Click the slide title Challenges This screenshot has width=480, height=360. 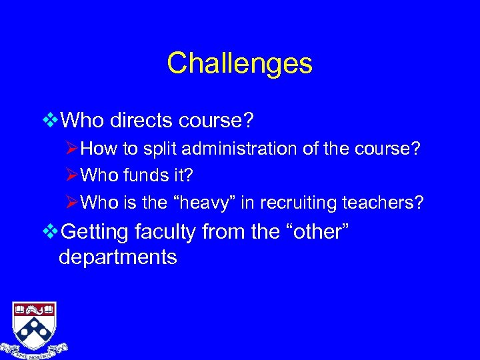[x=239, y=64]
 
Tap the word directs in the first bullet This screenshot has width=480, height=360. [x=150, y=121]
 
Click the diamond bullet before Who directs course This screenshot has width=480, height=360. [x=50, y=121]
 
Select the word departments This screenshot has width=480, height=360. [x=118, y=257]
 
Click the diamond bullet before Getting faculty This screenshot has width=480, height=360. [x=50, y=232]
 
